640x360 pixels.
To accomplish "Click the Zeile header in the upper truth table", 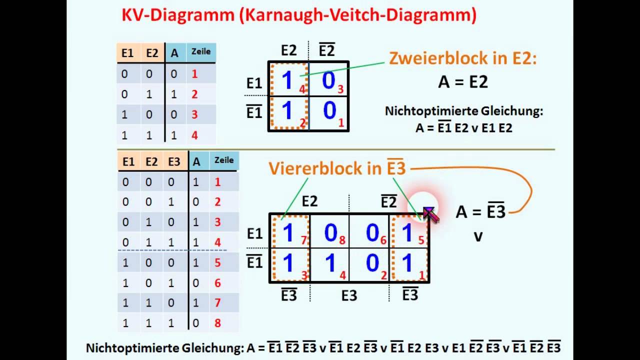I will tap(201, 51).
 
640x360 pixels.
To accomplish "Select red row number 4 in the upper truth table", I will tap(194, 135).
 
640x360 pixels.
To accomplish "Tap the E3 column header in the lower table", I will tap(174, 161).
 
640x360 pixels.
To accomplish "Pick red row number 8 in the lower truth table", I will tap(217, 323).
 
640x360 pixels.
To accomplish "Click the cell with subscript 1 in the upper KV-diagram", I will tap(329, 111).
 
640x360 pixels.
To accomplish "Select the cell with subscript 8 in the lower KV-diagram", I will tap(330, 232).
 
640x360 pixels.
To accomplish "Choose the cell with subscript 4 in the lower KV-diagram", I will tap(330, 264).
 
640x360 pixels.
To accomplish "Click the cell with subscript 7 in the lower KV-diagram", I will tap(290, 232).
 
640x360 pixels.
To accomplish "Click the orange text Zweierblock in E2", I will tap(462, 59).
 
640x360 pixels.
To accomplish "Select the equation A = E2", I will tap(462, 81).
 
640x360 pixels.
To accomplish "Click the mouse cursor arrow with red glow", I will tap(429, 213).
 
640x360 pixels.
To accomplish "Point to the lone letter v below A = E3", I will tap(478, 236).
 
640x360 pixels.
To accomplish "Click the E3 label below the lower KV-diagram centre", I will tap(349, 296).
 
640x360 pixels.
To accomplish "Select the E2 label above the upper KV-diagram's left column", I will tap(288, 50).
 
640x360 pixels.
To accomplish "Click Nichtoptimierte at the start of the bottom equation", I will tap(126, 347).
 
